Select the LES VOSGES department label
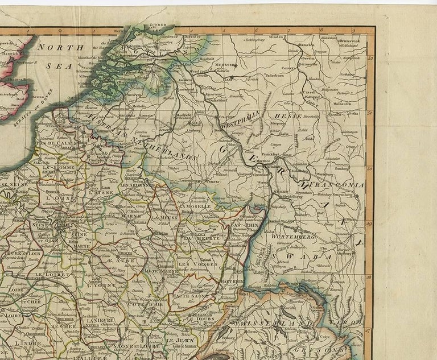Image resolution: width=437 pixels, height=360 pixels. pos(191,264)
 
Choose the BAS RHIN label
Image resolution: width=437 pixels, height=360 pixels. pos(242,226)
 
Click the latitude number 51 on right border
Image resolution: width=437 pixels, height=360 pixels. pos(370,112)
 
